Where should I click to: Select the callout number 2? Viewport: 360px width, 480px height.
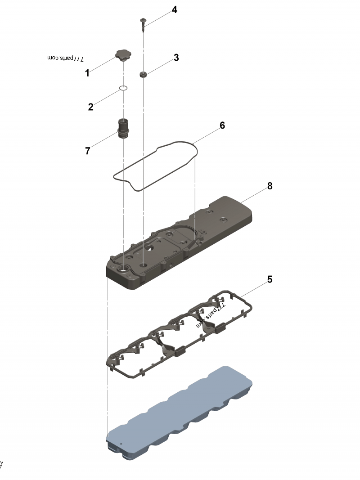pyautogui.click(x=91, y=107)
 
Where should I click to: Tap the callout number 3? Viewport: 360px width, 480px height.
pyautogui.click(x=176, y=58)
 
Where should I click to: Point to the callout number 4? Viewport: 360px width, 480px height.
pyautogui.click(x=174, y=10)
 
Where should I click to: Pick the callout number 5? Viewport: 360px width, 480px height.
pyautogui.click(x=270, y=279)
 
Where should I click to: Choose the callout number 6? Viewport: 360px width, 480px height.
pyautogui.click(x=222, y=126)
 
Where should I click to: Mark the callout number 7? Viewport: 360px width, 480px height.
pyautogui.click(x=87, y=151)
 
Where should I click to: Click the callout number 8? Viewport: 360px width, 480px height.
pyautogui.click(x=270, y=186)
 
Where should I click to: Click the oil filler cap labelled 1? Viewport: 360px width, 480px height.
pyautogui.click(x=122, y=56)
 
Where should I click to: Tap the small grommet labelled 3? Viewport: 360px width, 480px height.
pyautogui.click(x=144, y=74)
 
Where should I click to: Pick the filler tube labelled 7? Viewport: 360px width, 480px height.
pyautogui.click(x=123, y=128)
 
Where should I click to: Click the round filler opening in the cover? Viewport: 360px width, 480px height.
pyautogui.click(x=123, y=269)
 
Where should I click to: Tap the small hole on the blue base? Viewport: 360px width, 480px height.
pyautogui.click(x=121, y=443)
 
